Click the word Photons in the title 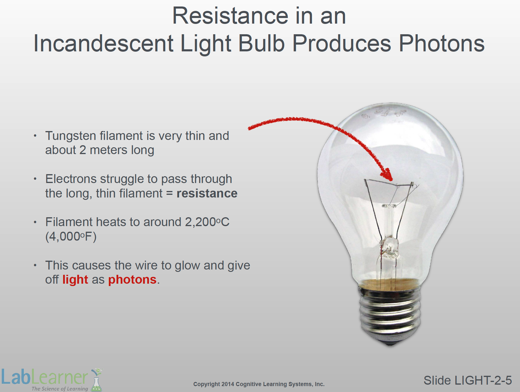[441, 43]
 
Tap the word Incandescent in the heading [103, 43]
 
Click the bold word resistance [207, 193]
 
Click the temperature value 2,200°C [207, 222]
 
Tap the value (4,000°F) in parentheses [71, 236]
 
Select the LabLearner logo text [45, 377]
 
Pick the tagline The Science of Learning [60, 388]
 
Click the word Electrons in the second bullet [71, 179]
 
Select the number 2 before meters [83, 150]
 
